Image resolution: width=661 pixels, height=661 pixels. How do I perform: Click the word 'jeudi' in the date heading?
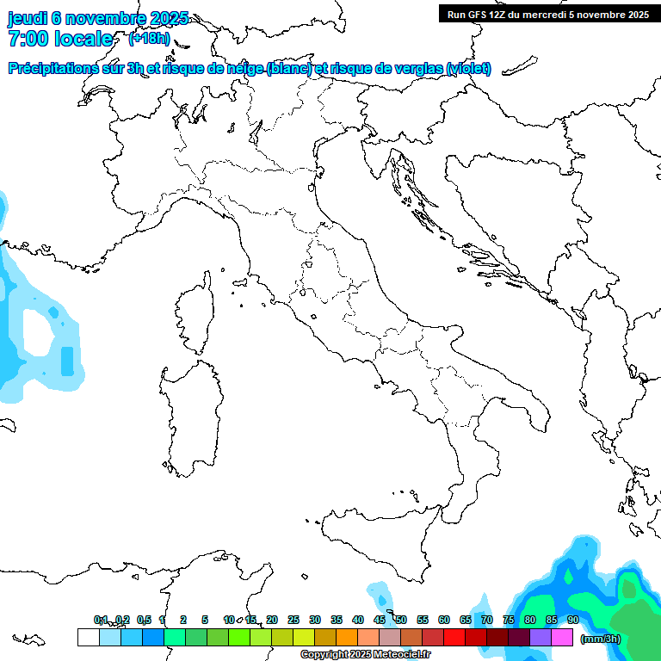click(x=28, y=18)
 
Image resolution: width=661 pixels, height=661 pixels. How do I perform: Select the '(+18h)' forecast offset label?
click(x=149, y=39)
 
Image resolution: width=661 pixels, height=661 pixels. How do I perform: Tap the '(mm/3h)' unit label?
click(x=601, y=639)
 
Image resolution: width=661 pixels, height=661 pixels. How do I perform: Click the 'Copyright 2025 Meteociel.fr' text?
click(x=365, y=655)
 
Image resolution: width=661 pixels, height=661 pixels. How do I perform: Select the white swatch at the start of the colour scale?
click(x=88, y=637)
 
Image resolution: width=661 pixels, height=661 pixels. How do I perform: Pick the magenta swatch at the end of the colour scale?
click(x=562, y=637)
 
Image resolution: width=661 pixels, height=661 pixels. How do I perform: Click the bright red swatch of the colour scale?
click(x=454, y=637)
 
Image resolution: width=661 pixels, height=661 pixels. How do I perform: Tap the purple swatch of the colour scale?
click(x=541, y=637)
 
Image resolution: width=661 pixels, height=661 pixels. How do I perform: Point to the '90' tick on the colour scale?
click(x=572, y=620)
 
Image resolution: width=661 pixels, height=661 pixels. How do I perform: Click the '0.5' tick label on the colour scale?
click(x=144, y=620)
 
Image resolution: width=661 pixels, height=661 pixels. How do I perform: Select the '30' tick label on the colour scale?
click(x=315, y=620)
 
